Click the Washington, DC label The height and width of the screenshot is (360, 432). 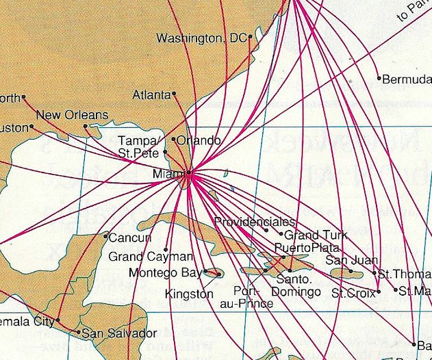click(x=201, y=39)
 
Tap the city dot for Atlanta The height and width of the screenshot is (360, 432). click(x=175, y=94)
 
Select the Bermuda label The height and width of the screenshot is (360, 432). click(x=407, y=79)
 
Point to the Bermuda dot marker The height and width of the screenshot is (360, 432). click(x=379, y=78)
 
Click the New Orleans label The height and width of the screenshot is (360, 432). click(x=72, y=115)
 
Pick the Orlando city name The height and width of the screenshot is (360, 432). click(x=199, y=140)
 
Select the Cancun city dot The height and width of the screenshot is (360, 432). click(x=105, y=236)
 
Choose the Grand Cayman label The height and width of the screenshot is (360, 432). click(x=142, y=257)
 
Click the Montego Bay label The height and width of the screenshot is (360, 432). click(x=164, y=273)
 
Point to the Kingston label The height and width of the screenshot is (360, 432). click(x=189, y=294)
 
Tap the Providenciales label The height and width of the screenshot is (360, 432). click(x=254, y=222)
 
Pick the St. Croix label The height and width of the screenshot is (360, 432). click(x=353, y=293)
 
